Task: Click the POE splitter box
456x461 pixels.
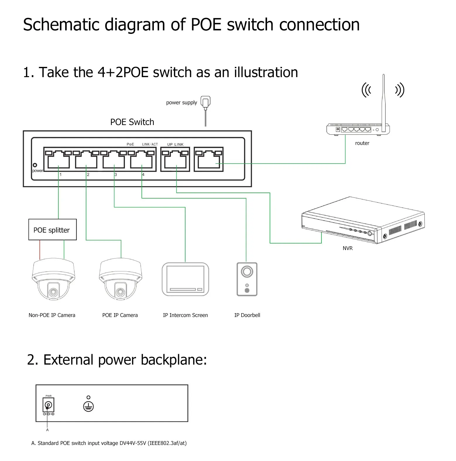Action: click(x=52, y=230)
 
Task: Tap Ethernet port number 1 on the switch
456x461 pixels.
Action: click(x=58, y=160)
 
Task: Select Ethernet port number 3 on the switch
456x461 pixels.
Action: click(x=114, y=160)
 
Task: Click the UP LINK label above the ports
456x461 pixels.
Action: click(x=175, y=144)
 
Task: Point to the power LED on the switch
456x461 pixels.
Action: click(x=35, y=165)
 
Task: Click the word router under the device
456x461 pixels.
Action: click(x=362, y=143)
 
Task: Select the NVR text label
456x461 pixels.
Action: click(x=347, y=248)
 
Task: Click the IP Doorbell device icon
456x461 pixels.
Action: click(x=247, y=279)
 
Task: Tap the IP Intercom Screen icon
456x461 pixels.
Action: click(x=185, y=279)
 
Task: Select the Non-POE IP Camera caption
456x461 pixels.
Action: click(x=52, y=315)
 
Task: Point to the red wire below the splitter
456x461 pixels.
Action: click(x=40, y=249)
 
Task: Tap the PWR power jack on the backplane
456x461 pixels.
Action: click(x=48, y=405)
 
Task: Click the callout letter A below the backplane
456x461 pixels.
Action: click(x=47, y=430)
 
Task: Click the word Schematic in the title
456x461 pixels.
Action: click(x=61, y=25)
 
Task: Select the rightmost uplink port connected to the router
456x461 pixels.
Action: click(x=209, y=160)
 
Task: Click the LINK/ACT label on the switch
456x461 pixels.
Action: click(x=150, y=144)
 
